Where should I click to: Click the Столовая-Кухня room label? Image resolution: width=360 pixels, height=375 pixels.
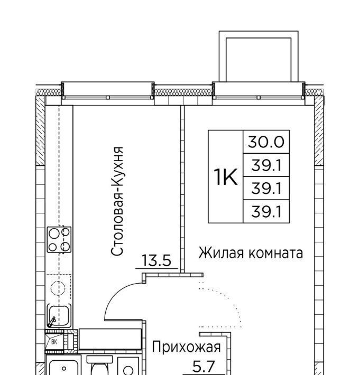point(117,201)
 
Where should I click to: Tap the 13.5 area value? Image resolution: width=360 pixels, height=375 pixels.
point(156,260)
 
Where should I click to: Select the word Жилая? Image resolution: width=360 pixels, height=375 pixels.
point(222,253)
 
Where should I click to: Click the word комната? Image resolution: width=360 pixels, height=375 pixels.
point(276,254)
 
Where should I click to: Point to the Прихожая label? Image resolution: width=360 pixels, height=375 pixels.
point(186,347)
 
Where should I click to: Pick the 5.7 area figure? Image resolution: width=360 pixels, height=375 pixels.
point(204,367)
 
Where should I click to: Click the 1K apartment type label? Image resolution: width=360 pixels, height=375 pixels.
point(226,177)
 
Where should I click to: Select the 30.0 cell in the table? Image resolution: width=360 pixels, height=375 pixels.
point(266,142)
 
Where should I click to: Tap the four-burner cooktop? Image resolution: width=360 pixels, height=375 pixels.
point(59,239)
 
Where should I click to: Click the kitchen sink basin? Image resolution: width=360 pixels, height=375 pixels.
point(59,315)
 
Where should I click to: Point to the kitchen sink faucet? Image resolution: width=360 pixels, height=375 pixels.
point(52,322)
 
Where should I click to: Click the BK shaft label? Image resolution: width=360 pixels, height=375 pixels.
point(54,342)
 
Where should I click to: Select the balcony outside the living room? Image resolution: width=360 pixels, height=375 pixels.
point(259,57)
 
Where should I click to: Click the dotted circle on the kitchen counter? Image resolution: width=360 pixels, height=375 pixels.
point(58,288)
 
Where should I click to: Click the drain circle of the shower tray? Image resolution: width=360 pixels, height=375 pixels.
point(63,369)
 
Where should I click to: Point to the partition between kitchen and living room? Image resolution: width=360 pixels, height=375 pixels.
point(182,189)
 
